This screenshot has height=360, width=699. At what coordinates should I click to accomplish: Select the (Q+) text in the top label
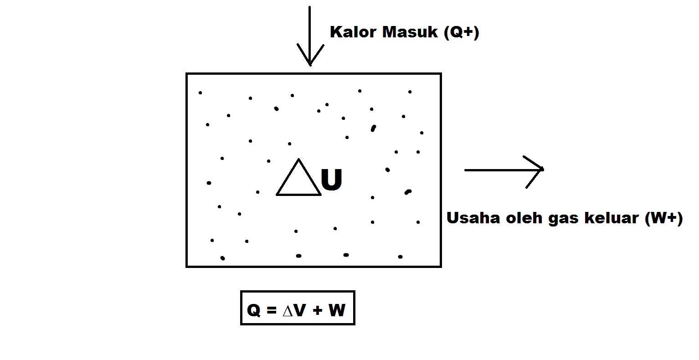click(462, 32)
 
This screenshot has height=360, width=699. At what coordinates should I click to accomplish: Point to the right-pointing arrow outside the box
click(501, 170)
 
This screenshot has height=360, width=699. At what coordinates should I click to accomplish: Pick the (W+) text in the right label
click(663, 218)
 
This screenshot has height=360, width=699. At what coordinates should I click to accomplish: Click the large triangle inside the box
click(298, 180)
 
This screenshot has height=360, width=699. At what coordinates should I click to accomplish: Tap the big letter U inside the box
click(332, 180)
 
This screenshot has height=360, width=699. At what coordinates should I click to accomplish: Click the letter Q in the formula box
click(253, 310)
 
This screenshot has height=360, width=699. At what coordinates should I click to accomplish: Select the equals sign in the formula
click(272, 310)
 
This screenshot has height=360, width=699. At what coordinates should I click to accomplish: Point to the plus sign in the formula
click(317, 310)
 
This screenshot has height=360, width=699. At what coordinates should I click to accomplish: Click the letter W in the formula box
click(337, 310)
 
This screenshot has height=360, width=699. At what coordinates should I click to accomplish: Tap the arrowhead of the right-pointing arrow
click(538, 170)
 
